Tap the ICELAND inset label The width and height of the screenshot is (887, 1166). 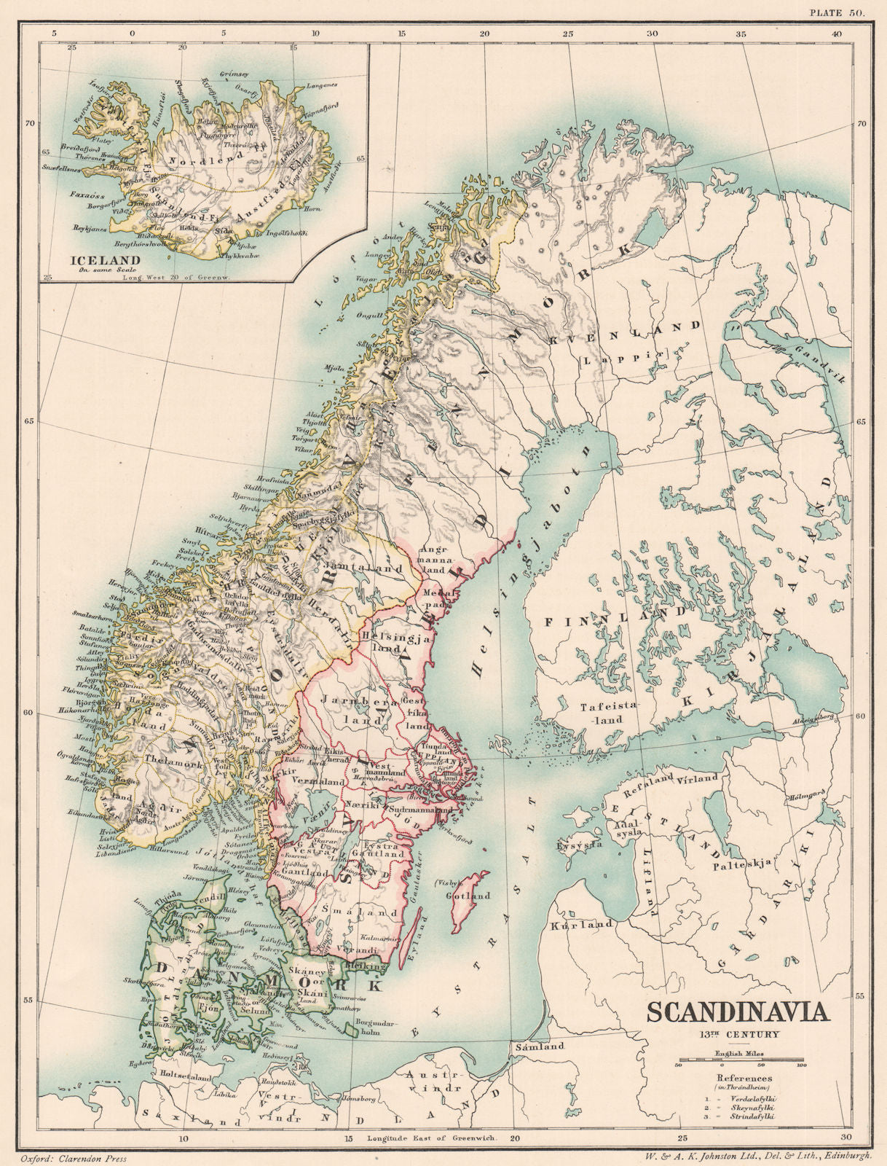(x=95, y=259)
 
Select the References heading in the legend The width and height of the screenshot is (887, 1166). (x=742, y=1078)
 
